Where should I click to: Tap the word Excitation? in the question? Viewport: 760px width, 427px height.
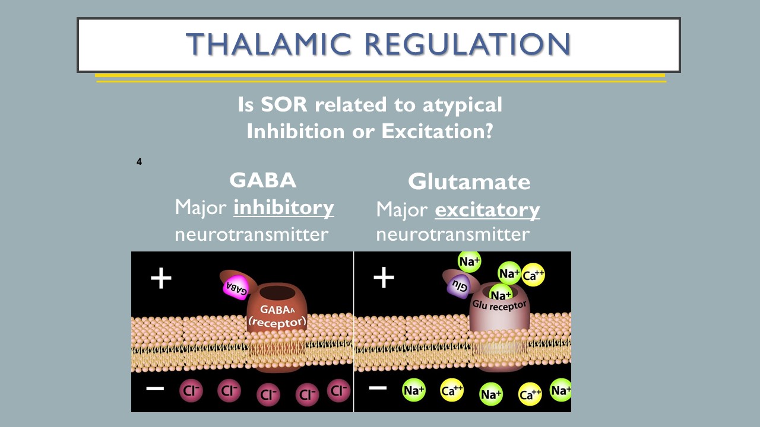click(x=437, y=130)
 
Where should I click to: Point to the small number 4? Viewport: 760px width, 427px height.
click(x=139, y=161)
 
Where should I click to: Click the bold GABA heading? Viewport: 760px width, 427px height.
click(x=262, y=180)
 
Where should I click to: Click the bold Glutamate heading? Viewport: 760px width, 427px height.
click(x=468, y=181)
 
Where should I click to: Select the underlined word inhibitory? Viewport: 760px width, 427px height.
click(x=283, y=208)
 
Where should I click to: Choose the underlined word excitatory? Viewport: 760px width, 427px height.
click(x=487, y=209)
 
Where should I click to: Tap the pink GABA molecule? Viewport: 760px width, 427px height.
click(x=236, y=287)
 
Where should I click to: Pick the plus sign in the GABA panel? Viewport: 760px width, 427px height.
click(x=161, y=278)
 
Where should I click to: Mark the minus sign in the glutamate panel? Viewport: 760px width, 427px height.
click(x=378, y=388)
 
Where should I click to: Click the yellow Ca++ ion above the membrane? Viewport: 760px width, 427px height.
click(x=533, y=275)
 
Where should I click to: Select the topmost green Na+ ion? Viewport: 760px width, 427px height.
click(x=469, y=261)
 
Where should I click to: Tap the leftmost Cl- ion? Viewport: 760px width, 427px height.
click(x=191, y=391)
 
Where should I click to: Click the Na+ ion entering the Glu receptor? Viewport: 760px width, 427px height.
click(x=500, y=294)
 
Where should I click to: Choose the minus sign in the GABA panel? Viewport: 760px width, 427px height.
click(x=155, y=388)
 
